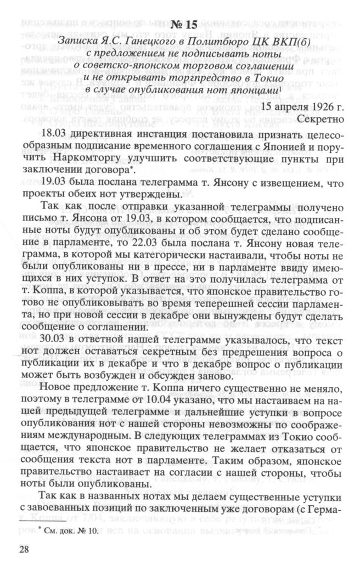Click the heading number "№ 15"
coord(179,26)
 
